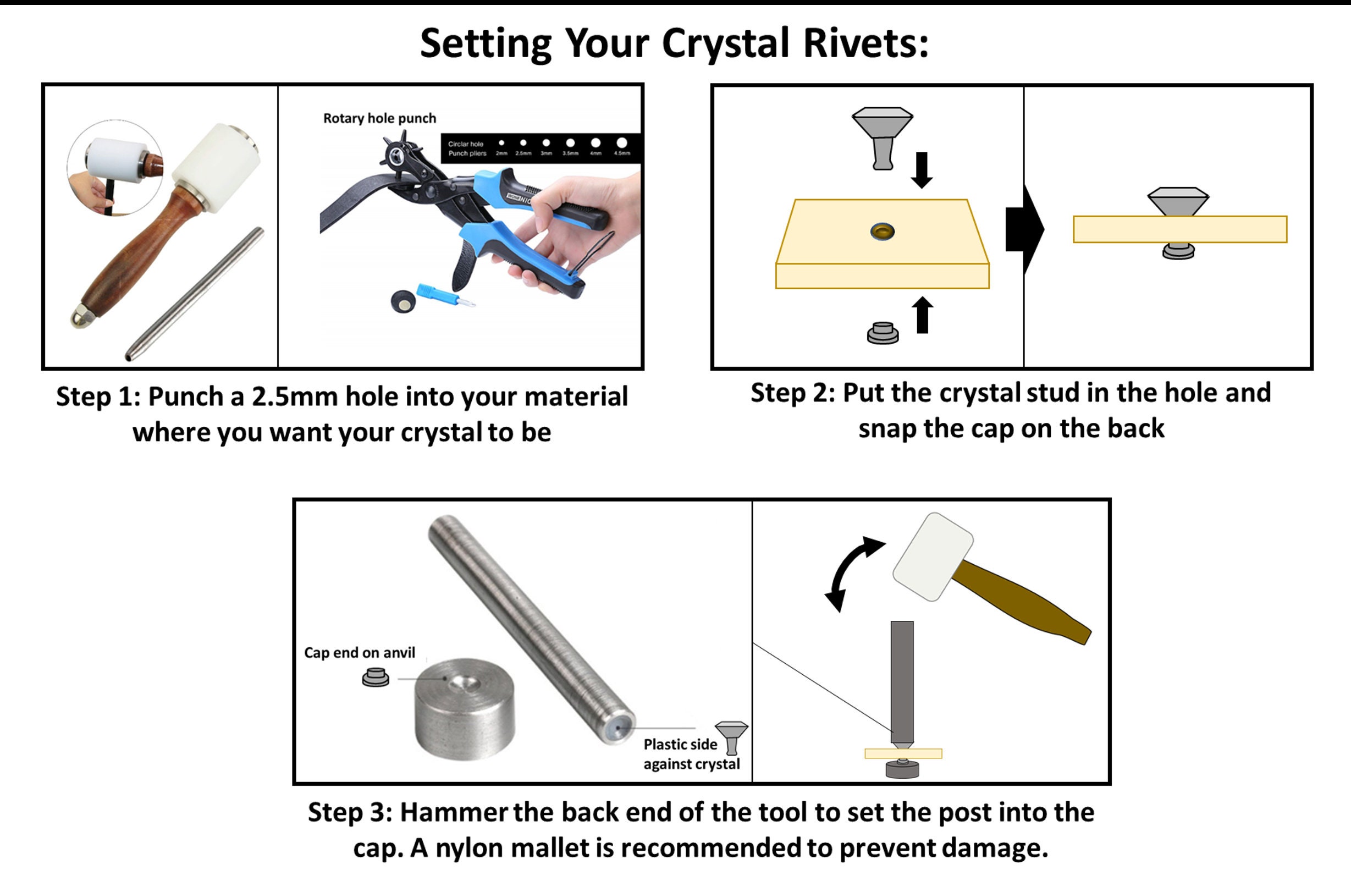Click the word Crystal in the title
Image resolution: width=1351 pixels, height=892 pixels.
click(725, 45)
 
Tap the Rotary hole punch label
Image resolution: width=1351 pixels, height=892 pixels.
click(379, 118)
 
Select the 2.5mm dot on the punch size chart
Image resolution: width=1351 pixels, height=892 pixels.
click(523, 143)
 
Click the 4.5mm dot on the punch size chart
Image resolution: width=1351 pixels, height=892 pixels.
click(622, 142)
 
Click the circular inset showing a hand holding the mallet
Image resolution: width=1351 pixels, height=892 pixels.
click(115, 168)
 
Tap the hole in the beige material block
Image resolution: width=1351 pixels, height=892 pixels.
click(883, 232)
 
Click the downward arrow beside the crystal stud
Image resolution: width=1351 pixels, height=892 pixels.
click(922, 169)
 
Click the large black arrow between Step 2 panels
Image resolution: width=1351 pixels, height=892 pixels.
click(1024, 229)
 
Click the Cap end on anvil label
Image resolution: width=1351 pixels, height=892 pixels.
click(360, 653)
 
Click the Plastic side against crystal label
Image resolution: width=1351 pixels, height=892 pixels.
click(691, 754)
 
